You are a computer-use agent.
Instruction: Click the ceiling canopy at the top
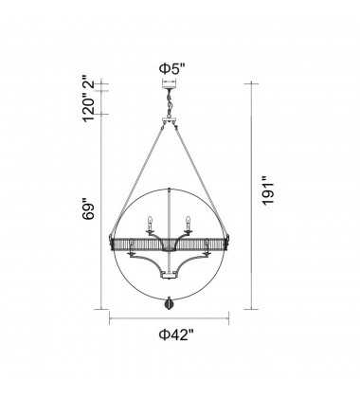[x=171, y=84]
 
